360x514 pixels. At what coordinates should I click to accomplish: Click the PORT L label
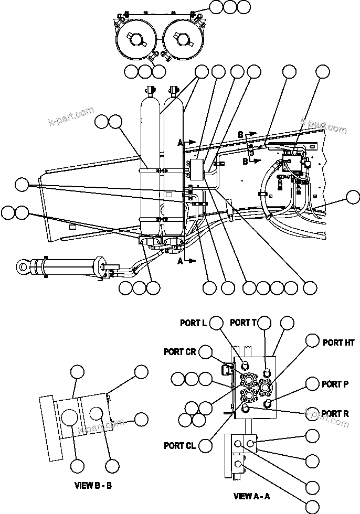pyautogui.click(x=193, y=323)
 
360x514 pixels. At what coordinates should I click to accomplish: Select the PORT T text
pyautogui.click(x=243, y=323)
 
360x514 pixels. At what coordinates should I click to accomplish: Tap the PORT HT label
pyautogui.click(x=338, y=342)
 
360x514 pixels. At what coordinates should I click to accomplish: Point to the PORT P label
pyautogui.click(x=335, y=384)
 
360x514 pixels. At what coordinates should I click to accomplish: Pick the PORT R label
pyautogui.click(x=335, y=414)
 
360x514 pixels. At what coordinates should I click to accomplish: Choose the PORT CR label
pyautogui.click(x=179, y=352)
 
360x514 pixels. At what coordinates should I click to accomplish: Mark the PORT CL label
pyautogui.click(x=179, y=446)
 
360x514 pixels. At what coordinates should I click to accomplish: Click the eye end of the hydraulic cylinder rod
pyautogui.click(x=23, y=267)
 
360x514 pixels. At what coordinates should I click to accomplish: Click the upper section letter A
pyautogui.click(x=180, y=142)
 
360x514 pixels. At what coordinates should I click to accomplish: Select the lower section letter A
pyautogui.click(x=180, y=260)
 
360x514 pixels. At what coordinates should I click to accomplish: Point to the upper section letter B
pyautogui.click(x=240, y=135)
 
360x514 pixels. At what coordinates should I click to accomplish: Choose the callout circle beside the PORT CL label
pyautogui.click(x=206, y=445)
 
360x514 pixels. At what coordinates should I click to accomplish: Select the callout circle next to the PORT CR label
pyautogui.click(x=206, y=352)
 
